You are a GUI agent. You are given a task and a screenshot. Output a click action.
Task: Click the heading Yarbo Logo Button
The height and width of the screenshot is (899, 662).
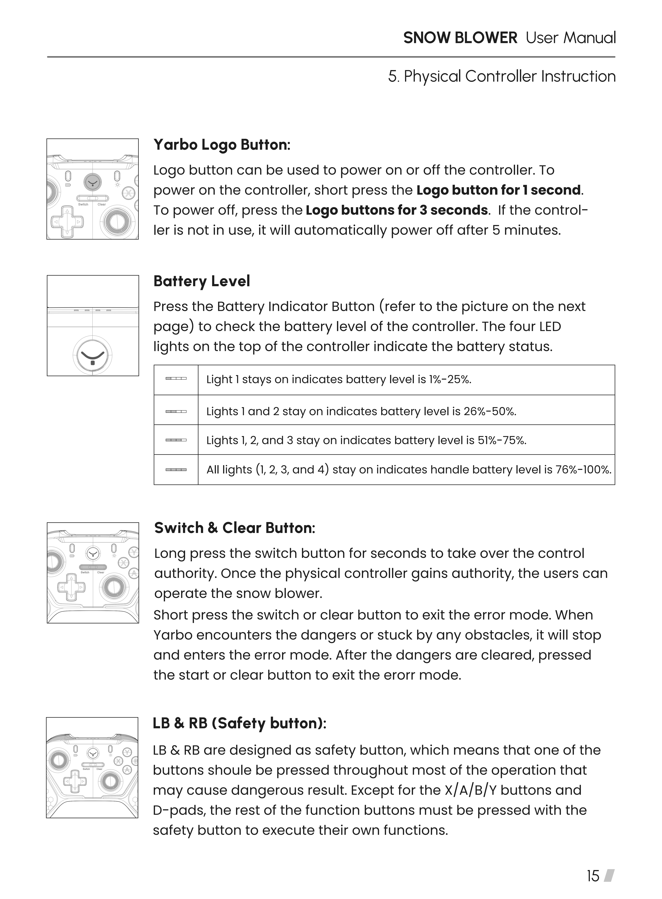click(222, 145)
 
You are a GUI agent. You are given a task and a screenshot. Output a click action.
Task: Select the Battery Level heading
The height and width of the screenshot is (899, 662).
click(202, 282)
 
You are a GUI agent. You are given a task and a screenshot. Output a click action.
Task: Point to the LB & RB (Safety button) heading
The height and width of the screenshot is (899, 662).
click(239, 723)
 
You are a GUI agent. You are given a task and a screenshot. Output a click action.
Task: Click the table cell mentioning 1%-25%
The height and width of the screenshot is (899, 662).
click(339, 379)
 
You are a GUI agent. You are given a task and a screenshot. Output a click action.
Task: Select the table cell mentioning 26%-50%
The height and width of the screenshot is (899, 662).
click(361, 411)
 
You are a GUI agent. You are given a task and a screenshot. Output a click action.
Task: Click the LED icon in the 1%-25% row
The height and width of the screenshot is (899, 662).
click(176, 378)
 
